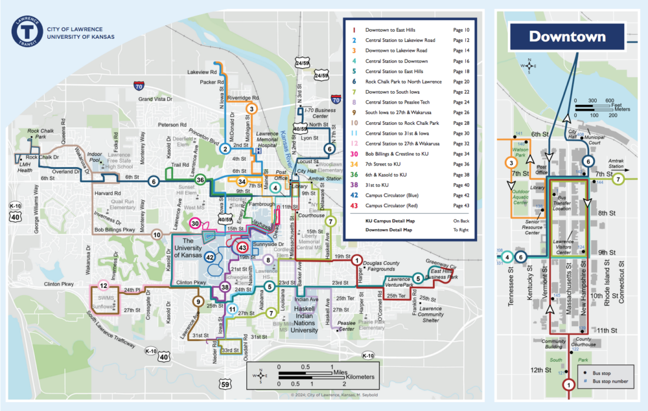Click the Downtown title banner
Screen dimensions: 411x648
tap(567, 37)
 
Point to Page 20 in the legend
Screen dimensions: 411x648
tap(461, 82)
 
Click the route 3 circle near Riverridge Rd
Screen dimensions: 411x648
tap(251, 109)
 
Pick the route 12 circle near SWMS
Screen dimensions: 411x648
tap(103, 287)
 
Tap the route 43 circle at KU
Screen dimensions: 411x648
tap(243, 248)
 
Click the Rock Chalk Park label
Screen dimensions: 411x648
tap(41, 134)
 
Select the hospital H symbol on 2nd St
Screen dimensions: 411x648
tap(257, 151)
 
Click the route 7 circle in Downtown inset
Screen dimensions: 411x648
tap(618, 180)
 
